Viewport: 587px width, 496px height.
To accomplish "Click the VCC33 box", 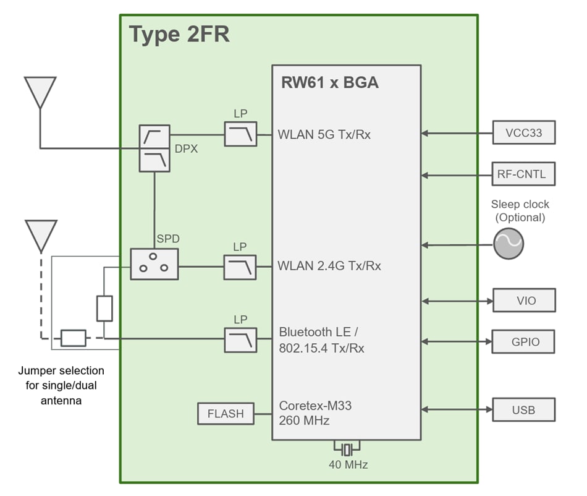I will [523, 133].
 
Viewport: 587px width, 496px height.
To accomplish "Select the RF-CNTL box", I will [523, 174].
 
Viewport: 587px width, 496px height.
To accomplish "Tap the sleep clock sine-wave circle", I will [509, 244].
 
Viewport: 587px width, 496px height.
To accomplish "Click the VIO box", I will [523, 301].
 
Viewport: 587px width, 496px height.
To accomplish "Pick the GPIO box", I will [523, 342].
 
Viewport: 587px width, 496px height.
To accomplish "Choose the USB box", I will [523, 409].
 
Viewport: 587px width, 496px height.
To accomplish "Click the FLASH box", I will [226, 414].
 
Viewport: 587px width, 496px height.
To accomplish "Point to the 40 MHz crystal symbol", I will [347, 448].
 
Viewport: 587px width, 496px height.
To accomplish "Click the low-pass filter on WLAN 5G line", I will [240, 134].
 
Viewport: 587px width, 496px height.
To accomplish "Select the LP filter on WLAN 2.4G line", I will [240, 267].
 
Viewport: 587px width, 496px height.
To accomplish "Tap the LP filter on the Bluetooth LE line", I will [240, 340].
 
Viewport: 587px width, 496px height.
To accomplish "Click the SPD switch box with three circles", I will [154, 264].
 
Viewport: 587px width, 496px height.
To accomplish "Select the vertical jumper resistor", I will [104, 309].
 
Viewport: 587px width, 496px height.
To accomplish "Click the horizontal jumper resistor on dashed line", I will [73, 338].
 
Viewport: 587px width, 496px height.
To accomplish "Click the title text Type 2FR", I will [179, 35].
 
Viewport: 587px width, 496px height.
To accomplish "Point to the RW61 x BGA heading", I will [329, 82].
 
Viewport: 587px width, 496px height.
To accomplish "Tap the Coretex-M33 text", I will [315, 406].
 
